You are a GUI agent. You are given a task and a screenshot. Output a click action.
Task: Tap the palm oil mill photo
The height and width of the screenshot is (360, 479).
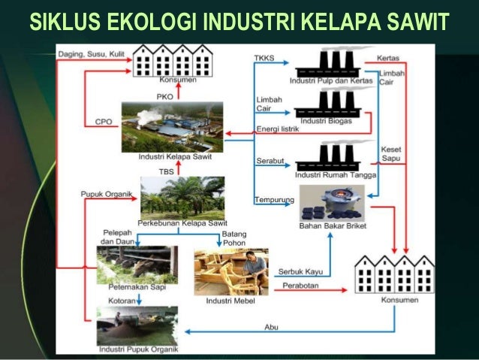click(x=172, y=127)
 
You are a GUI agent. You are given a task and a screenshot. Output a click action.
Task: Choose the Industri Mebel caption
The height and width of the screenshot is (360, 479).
click(x=230, y=301)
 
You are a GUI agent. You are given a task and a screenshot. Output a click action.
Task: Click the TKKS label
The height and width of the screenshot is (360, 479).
click(x=264, y=59)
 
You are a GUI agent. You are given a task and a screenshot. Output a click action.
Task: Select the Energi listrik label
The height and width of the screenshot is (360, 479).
click(x=279, y=129)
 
